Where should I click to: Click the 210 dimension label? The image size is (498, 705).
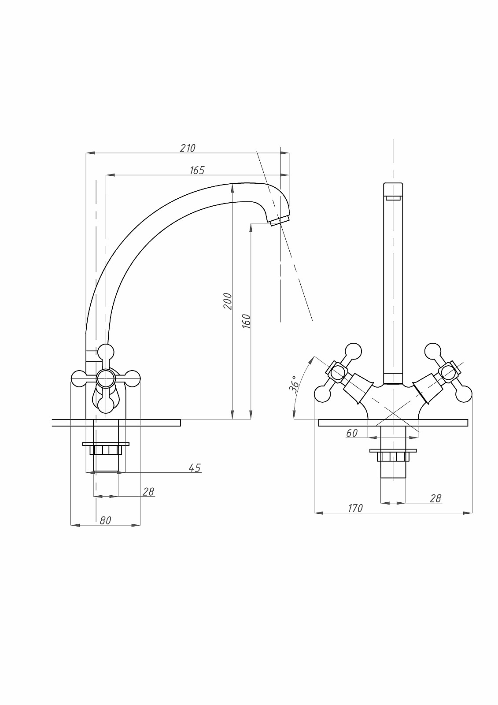pos(188,148)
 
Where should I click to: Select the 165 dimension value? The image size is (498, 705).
pos(197,170)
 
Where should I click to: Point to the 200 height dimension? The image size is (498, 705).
pos(228,301)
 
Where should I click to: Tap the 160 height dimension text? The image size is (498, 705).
pos(246,321)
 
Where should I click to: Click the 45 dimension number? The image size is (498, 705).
pos(195,468)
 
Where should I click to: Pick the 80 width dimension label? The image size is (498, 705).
pos(105,520)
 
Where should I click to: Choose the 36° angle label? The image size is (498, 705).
pos(294,385)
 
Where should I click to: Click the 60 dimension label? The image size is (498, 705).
pos(352,434)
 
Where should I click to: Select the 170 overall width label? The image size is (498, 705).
pos(355,508)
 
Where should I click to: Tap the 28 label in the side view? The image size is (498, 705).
pos(148,492)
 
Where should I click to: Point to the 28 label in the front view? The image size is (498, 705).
pos(435,498)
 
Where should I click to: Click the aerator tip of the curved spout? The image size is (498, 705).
pos(280,220)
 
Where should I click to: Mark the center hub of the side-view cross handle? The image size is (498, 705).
pos(105,378)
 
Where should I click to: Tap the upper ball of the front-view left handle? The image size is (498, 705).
pos(353,351)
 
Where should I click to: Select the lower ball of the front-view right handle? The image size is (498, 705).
pos(464,394)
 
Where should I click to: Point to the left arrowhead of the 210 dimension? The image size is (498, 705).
pos(90,153)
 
